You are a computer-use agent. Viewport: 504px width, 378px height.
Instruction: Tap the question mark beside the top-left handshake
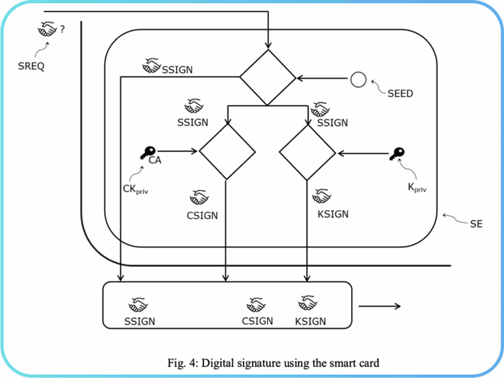63,30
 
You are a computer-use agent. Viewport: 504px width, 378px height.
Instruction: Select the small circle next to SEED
358,79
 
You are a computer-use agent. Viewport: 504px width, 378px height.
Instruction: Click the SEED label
400,93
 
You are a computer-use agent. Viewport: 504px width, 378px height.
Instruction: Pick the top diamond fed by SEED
267,78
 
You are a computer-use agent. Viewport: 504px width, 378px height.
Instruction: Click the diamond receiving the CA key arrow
227,151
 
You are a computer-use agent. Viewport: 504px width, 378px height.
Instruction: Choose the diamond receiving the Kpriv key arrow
307,152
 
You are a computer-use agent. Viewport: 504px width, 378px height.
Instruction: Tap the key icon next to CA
147,153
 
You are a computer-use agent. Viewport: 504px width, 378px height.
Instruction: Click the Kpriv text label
416,189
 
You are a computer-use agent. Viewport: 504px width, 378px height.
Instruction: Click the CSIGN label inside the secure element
202,215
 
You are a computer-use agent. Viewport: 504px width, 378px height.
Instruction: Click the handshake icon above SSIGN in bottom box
138,305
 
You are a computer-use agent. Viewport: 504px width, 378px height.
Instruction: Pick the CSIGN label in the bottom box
257,321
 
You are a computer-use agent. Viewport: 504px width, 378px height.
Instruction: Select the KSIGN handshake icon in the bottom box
308,303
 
